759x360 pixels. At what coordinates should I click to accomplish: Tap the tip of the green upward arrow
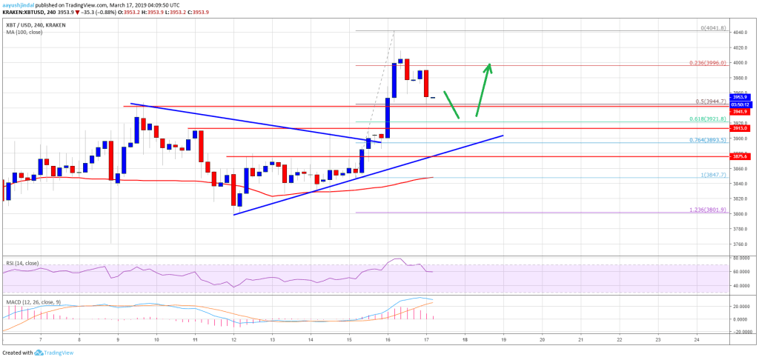[x=488, y=64]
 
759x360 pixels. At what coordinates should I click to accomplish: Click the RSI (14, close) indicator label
[x=20, y=262]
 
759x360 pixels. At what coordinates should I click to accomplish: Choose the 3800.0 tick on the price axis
[x=739, y=213]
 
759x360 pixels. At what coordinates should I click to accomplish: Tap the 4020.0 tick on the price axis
[x=739, y=47]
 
